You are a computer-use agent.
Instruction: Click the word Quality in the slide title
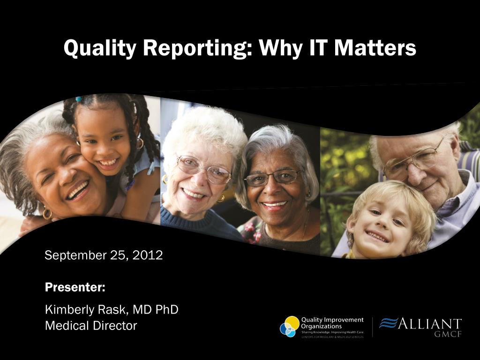click(x=100, y=48)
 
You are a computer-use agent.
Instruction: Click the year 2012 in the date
click(x=148, y=255)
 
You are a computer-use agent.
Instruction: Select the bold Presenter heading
click(x=75, y=287)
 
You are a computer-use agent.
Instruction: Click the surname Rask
click(x=112, y=309)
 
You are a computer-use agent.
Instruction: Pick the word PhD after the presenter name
click(x=167, y=309)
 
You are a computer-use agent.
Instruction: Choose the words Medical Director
click(x=91, y=325)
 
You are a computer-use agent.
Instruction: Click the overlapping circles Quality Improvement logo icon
click(x=289, y=327)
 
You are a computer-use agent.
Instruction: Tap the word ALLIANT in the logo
click(x=429, y=324)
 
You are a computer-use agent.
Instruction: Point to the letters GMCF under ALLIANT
click(x=448, y=334)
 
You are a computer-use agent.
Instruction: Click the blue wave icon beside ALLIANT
click(x=388, y=323)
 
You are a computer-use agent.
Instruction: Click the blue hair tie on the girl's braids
click(x=79, y=99)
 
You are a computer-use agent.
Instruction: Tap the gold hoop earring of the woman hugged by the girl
click(x=47, y=214)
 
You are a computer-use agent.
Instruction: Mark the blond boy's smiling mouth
click(x=378, y=237)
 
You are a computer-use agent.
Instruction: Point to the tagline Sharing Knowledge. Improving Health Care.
click(x=332, y=332)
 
